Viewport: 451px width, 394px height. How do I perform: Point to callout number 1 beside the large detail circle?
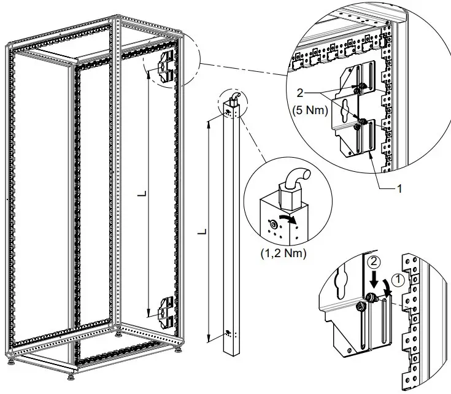click(x=399, y=189)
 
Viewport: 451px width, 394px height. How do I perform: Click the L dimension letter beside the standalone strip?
click(x=202, y=233)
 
